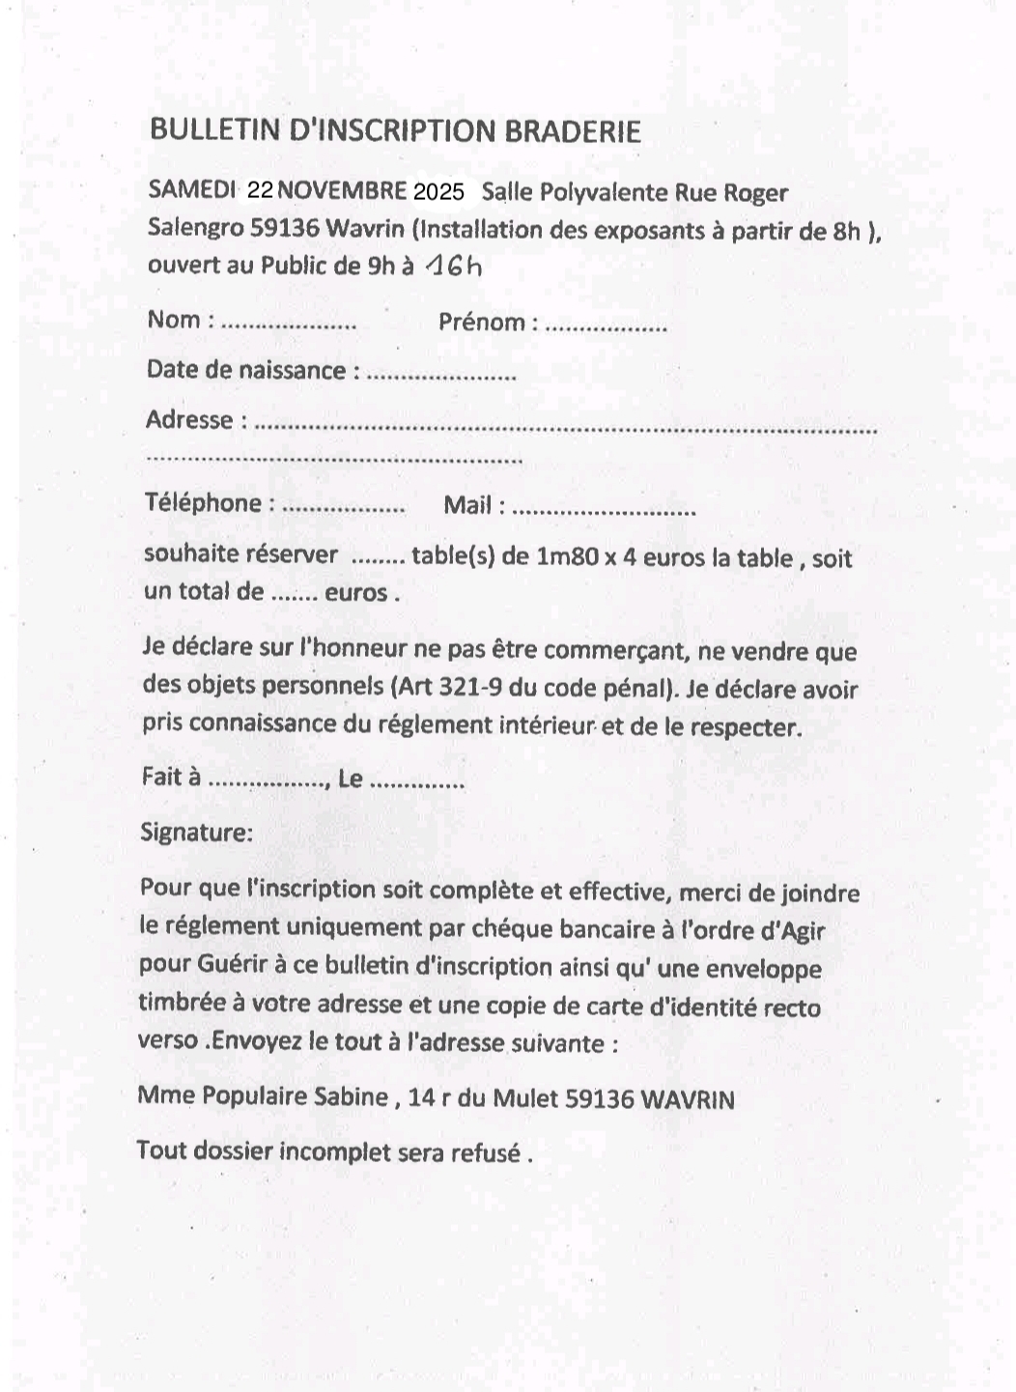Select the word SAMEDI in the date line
click(x=191, y=189)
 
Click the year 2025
click(x=438, y=191)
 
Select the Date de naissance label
click(x=245, y=371)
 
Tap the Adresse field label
click(x=189, y=420)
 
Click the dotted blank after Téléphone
click(x=345, y=507)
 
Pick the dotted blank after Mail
click(x=603, y=509)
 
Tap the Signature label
click(x=196, y=832)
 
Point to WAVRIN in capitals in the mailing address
click(x=687, y=1099)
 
